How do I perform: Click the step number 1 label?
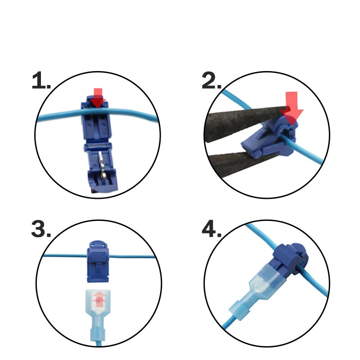41,81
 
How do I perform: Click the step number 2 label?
211,81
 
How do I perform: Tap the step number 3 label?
41,229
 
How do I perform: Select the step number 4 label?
211,229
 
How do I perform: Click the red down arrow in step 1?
98,98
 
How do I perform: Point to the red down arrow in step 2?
292,108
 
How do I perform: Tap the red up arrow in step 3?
99,299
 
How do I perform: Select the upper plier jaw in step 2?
246,121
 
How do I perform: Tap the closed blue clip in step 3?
98,261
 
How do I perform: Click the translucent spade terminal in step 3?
98,317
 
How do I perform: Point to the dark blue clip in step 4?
290,258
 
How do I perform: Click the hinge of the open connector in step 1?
98,147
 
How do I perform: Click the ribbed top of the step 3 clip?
98,255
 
